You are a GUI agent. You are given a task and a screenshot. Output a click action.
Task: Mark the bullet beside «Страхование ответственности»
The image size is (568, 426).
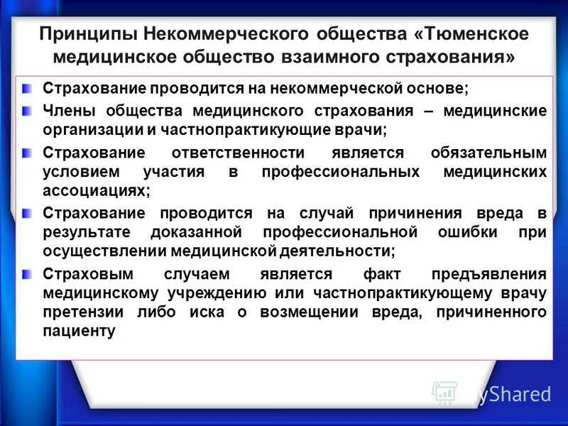pos(26,152)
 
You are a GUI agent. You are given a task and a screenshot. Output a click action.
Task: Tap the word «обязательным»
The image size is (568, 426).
pos(489,153)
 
